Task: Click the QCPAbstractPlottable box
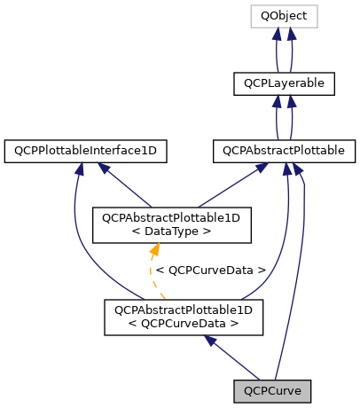click(284, 152)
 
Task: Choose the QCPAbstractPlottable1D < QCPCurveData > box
click(184, 318)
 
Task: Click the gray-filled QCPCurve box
click(275, 389)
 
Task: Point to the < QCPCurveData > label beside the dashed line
click(211, 270)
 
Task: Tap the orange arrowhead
click(152, 253)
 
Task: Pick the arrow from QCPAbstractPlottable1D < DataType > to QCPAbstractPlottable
click(223, 185)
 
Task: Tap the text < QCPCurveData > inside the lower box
click(184, 324)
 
